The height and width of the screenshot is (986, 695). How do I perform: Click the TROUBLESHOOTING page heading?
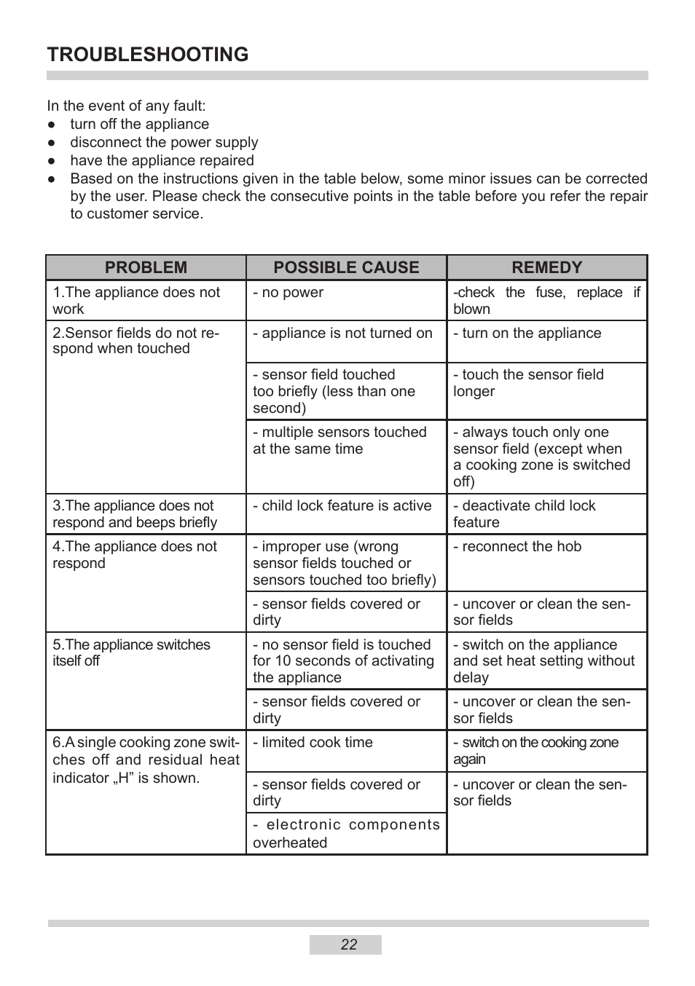tap(147, 55)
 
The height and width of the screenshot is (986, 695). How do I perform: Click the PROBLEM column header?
tap(146, 267)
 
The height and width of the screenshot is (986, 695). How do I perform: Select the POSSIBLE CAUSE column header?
tap(346, 267)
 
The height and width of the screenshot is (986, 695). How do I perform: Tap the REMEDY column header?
tap(546, 267)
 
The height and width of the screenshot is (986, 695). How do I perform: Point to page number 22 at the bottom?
tap(348, 944)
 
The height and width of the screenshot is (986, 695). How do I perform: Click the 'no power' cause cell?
tap(288, 293)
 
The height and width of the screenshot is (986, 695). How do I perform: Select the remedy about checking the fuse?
tap(546, 300)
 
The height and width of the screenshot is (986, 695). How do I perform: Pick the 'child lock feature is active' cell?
tap(342, 506)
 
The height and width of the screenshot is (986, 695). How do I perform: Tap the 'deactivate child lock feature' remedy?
tap(525, 513)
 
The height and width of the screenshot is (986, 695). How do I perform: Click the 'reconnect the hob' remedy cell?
tap(518, 547)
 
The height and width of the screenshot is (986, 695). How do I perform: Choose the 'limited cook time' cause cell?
tap(313, 743)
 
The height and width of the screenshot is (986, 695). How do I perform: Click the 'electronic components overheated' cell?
tap(346, 833)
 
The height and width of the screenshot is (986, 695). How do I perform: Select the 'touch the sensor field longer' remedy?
tap(528, 382)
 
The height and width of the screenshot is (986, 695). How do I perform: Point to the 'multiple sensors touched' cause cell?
tap(339, 441)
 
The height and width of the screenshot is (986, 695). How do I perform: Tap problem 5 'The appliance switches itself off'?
tap(131, 652)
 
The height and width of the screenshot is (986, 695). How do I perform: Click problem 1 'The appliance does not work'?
tap(136, 300)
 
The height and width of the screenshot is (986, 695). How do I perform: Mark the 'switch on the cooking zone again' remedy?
tap(535, 750)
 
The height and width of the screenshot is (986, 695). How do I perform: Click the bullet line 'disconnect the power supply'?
tap(164, 143)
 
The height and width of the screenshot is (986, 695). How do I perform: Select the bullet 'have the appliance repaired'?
tap(162, 161)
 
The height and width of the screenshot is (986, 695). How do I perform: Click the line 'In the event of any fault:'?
tap(126, 106)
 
